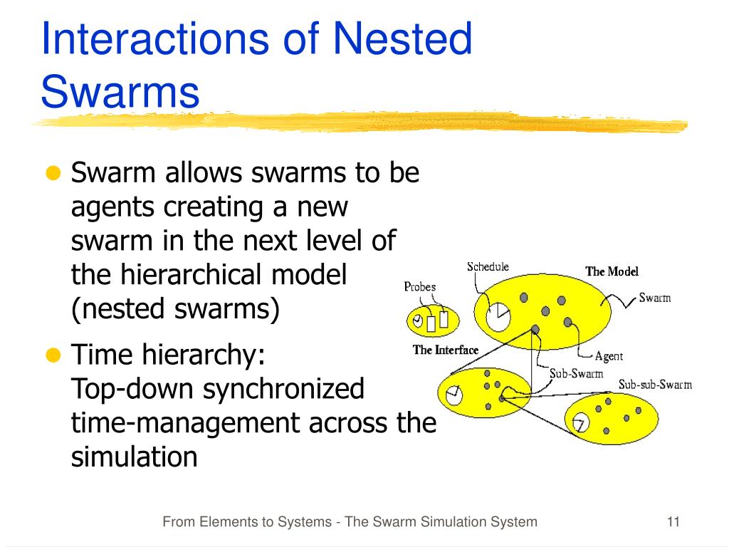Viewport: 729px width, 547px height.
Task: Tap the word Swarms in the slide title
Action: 120,93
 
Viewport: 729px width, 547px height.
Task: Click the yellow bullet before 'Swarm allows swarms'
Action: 53,173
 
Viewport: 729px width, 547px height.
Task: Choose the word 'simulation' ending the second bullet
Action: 134,457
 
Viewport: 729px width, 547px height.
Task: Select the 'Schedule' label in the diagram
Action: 488,267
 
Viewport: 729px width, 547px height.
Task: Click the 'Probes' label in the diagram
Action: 420,287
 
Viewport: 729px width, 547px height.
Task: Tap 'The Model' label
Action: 612,271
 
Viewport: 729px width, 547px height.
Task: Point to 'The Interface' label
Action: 446,350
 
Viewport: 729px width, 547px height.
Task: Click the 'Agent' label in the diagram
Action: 609,356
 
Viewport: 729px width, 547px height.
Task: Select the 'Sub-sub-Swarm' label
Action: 655,385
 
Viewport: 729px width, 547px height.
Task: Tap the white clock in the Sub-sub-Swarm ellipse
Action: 580,422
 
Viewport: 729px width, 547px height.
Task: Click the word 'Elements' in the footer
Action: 226,522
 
